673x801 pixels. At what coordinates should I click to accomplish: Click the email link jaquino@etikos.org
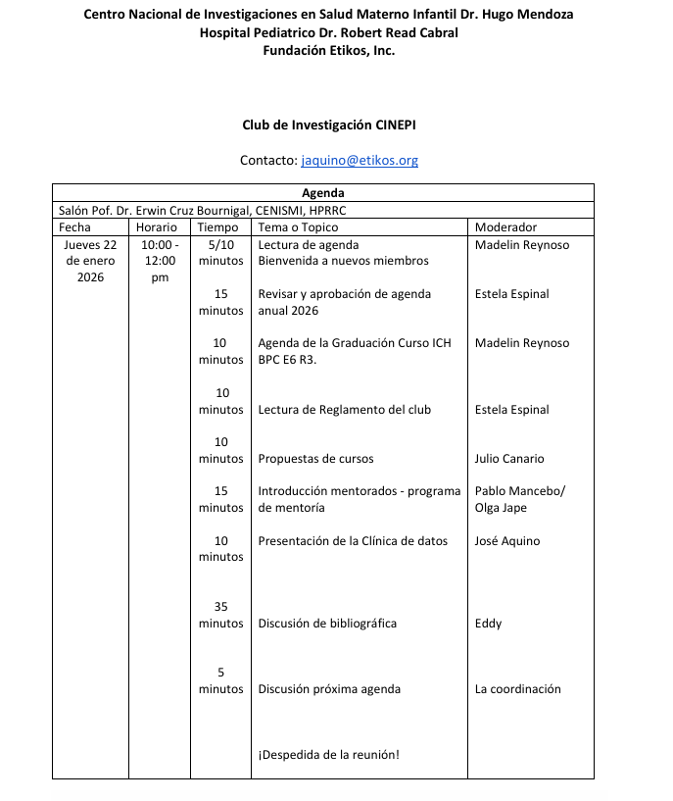[x=360, y=160]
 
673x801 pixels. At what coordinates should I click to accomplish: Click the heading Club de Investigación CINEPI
[x=336, y=125]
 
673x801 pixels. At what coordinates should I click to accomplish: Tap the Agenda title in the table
[x=322, y=193]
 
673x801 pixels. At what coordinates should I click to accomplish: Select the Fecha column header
[x=74, y=227]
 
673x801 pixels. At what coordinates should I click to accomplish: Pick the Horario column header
[x=157, y=227]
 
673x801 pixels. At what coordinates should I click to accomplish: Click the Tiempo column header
[x=217, y=227]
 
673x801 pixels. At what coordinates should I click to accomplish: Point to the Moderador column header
[x=505, y=227]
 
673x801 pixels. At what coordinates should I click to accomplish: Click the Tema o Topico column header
[x=297, y=227]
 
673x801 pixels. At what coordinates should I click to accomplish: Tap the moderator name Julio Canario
[x=508, y=459]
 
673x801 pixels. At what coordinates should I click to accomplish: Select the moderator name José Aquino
[x=506, y=541]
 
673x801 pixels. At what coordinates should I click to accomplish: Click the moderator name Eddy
[x=488, y=624]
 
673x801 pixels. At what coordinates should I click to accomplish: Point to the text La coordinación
[x=517, y=689]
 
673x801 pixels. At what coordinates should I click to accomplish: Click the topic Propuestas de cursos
[x=315, y=459]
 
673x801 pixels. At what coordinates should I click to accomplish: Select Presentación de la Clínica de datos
[x=353, y=541]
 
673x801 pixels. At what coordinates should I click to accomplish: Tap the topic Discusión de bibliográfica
[x=327, y=624]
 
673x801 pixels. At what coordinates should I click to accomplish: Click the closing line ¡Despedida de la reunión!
[x=328, y=755]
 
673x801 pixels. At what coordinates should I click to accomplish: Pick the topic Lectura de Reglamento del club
[x=344, y=410]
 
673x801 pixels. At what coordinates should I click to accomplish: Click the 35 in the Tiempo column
[x=220, y=607]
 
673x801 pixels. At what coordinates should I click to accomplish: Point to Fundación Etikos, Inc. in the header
[x=329, y=50]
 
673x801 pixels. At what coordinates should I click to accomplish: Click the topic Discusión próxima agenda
[x=329, y=689]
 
